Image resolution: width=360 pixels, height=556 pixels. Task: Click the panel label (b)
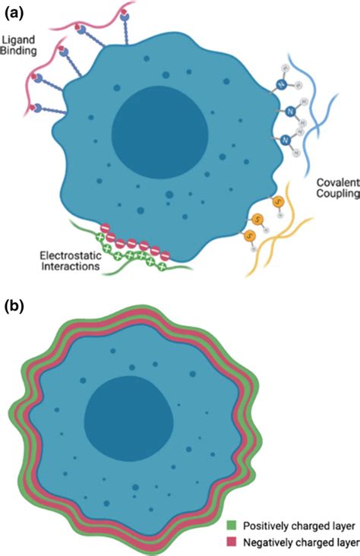(16, 308)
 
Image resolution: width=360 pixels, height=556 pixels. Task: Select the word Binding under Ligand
(18, 52)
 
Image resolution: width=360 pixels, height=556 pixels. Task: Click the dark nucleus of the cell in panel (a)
(159, 131)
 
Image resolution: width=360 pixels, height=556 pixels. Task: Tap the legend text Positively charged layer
(296, 524)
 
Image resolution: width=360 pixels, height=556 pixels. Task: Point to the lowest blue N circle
(285, 140)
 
